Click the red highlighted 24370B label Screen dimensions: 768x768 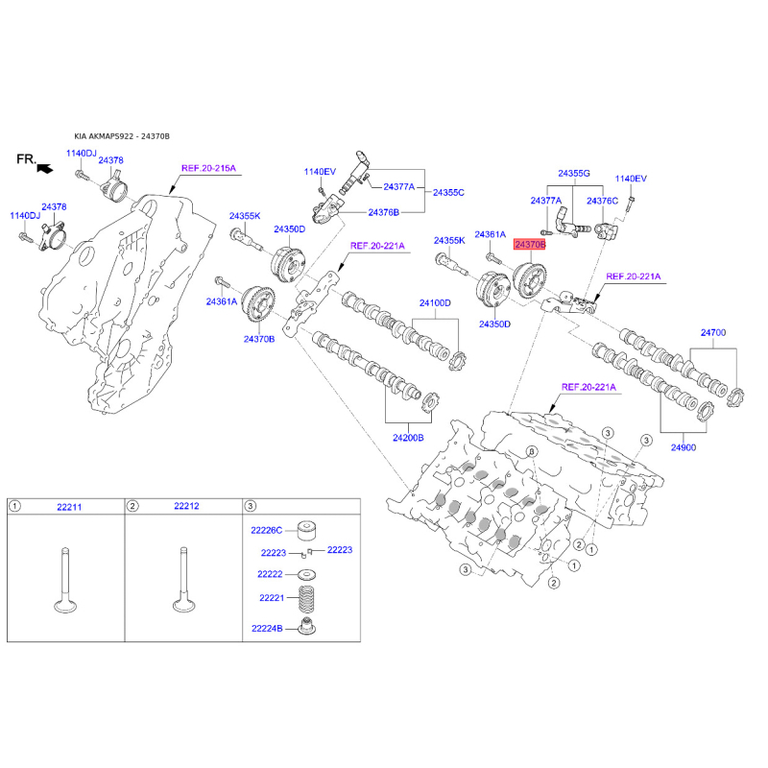pos(529,244)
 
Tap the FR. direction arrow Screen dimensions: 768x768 pos(44,169)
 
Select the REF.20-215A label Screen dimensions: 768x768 pos(208,168)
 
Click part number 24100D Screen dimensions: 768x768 pos(435,303)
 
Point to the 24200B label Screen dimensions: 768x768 pos(408,438)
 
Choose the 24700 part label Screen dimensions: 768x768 pos(713,332)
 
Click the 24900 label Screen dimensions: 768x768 pos(684,447)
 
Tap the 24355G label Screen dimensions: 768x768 pos(574,174)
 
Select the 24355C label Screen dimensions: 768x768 pos(448,193)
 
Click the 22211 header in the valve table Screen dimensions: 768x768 pos(69,507)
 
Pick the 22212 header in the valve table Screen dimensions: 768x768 pos(186,506)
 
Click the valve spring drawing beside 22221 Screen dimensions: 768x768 pos(306,599)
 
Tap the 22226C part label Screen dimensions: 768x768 pos(267,531)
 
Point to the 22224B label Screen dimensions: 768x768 pos(267,629)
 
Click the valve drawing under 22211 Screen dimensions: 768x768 pos(65,581)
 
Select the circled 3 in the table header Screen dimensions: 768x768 pos(251,506)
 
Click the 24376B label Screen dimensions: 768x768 pos(383,212)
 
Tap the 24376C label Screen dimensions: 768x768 pos(603,201)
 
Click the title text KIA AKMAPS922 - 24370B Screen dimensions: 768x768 pos(122,136)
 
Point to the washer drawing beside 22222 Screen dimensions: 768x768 pos(307,574)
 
